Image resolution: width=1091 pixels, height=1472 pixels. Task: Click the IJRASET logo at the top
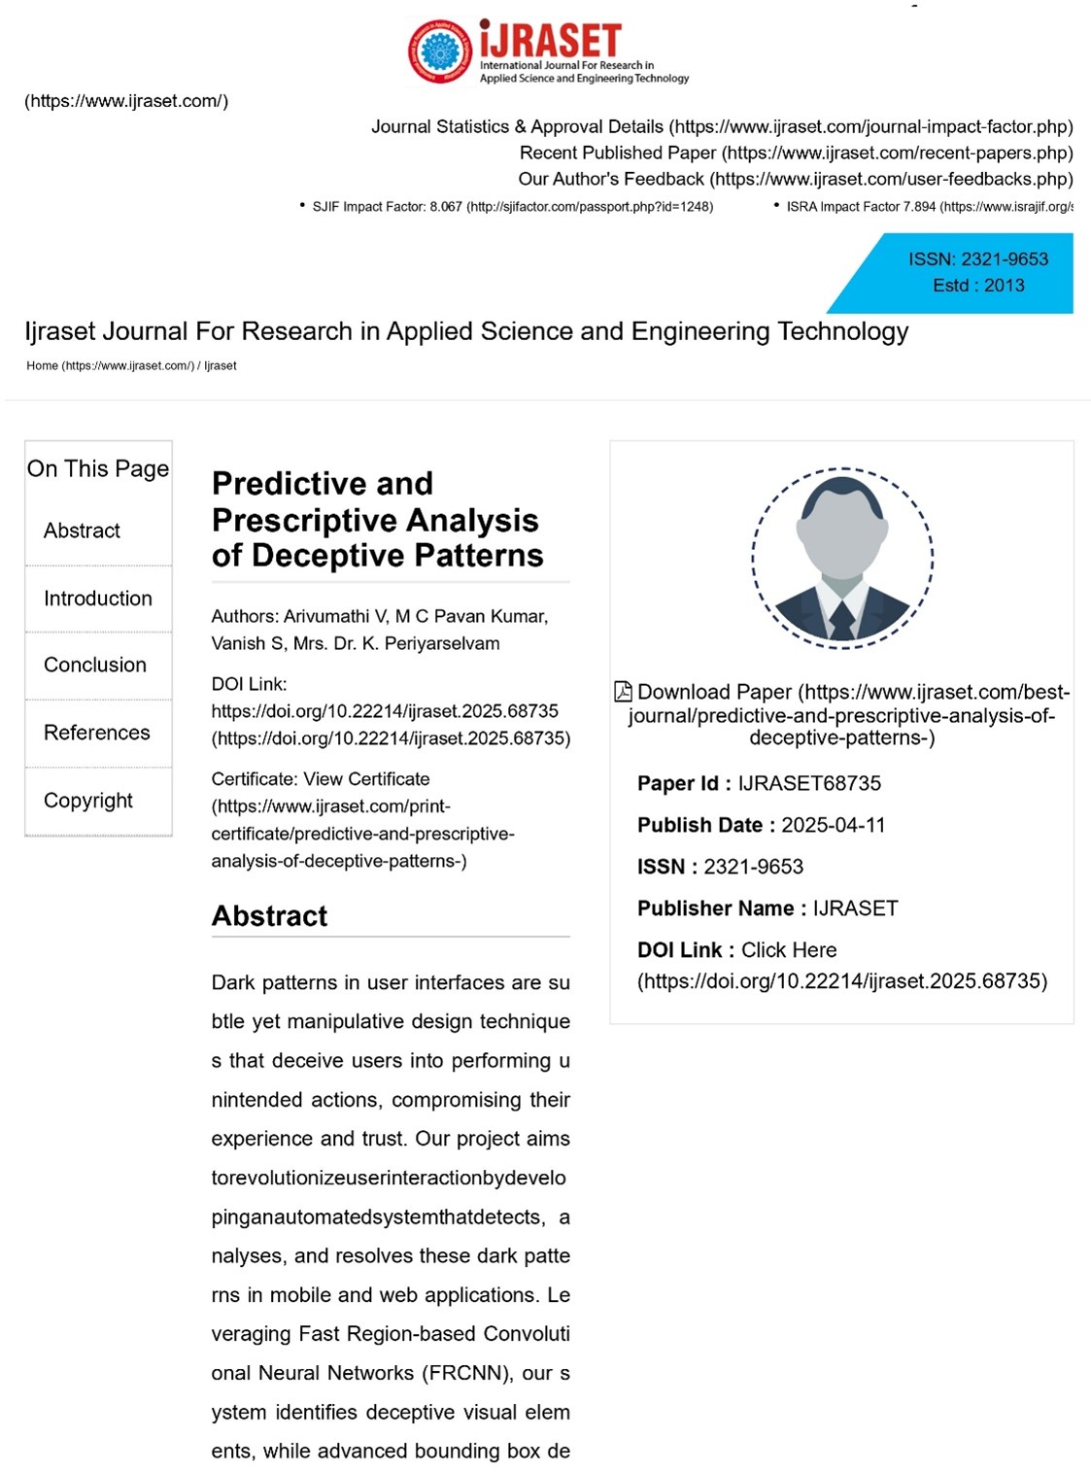[549, 51]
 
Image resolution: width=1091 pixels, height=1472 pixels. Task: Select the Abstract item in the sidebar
[82, 531]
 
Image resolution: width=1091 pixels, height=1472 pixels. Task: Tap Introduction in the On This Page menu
[98, 599]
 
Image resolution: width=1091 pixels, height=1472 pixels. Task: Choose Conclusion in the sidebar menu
[95, 665]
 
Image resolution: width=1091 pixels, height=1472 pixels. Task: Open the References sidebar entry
[97, 733]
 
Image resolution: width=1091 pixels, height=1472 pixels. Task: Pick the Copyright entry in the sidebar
[88, 801]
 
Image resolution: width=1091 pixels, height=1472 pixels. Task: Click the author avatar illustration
[842, 558]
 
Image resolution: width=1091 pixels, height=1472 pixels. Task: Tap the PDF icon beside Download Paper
[624, 692]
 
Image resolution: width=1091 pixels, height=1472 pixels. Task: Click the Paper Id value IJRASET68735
[809, 783]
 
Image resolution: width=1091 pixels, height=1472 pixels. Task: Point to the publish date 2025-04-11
[834, 825]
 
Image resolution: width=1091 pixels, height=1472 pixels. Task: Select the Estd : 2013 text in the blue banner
[978, 286]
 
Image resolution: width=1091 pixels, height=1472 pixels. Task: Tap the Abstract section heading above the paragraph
[270, 916]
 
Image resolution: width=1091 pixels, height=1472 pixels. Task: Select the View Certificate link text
[367, 779]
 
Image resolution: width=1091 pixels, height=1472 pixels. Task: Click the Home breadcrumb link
[42, 366]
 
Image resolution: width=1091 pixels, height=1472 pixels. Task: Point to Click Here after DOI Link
[789, 950]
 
